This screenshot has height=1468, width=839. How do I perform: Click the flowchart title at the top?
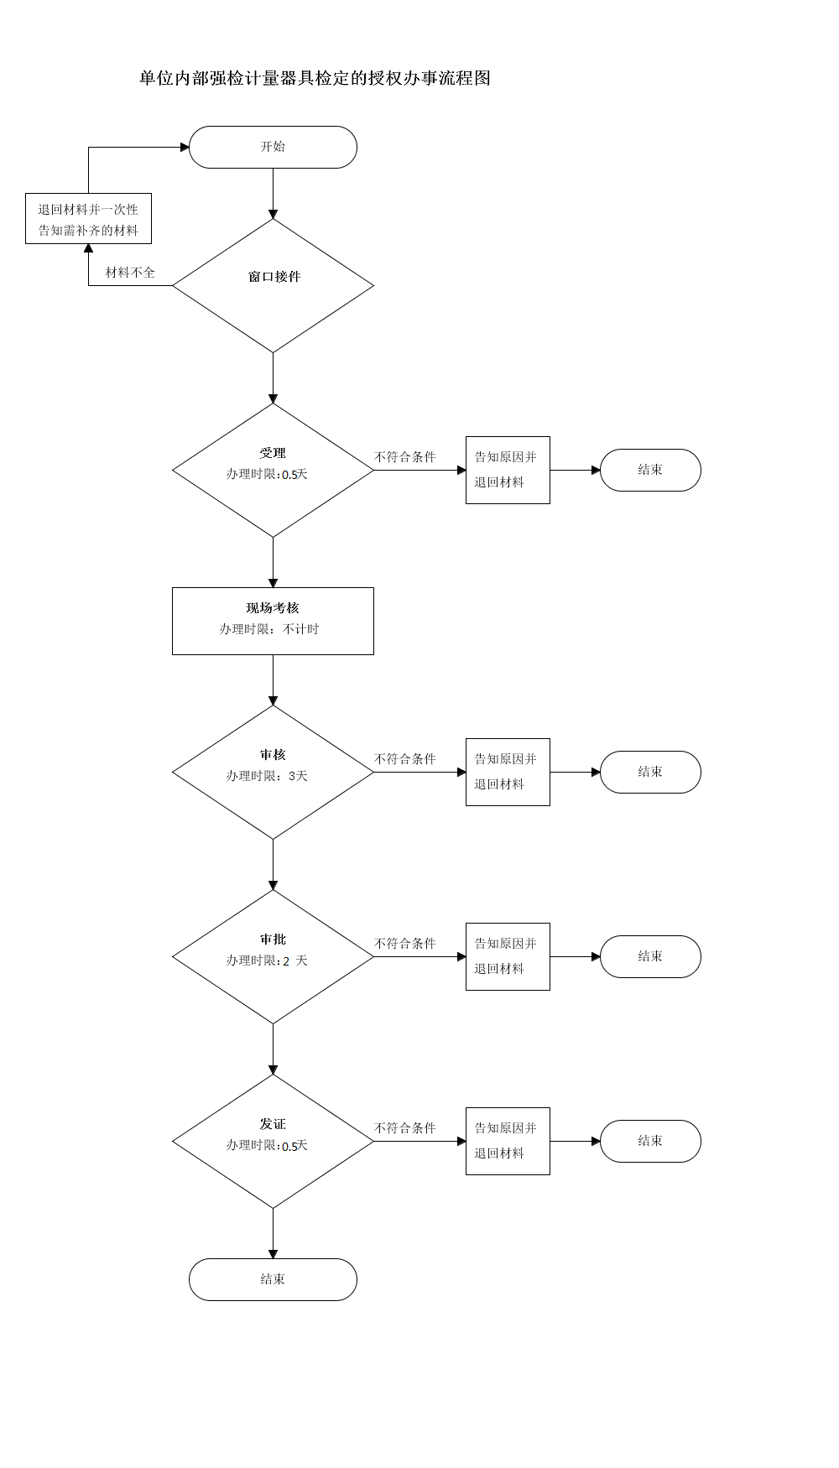[x=315, y=78]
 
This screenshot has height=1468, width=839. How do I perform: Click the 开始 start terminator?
[x=273, y=147]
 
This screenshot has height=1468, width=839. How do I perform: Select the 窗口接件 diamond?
[x=273, y=285]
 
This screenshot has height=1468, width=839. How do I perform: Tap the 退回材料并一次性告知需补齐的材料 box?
[x=88, y=219]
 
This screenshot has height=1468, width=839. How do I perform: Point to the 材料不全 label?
[x=130, y=273]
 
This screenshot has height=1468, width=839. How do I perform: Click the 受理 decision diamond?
[x=273, y=470]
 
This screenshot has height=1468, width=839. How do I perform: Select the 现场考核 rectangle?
[x=273, y=621]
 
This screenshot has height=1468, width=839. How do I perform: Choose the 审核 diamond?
[x=273, y=772]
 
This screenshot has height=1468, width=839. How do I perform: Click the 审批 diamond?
[x=273, y=956]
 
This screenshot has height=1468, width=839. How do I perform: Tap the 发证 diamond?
[x=273, y=1141]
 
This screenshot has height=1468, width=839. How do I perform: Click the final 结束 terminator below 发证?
[x=273, y=1279]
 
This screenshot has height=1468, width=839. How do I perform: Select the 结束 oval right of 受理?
[x=650, y=470]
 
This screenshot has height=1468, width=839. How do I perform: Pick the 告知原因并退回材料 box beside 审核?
[x=508, y=772]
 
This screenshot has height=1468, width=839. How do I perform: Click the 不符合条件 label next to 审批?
[x=405, y=944]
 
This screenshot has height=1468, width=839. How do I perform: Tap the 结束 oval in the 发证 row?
[x=650, y=1141]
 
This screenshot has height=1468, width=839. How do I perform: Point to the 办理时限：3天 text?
[x=267, y=776]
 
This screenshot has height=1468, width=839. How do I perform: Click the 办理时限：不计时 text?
[x=269, y=629]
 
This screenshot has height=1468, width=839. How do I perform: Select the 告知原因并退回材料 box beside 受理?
[x=508, y=470]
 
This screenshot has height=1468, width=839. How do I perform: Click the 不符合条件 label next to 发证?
[x=405, y=1128]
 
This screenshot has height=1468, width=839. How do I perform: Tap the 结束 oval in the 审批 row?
[x=650, y=956]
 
